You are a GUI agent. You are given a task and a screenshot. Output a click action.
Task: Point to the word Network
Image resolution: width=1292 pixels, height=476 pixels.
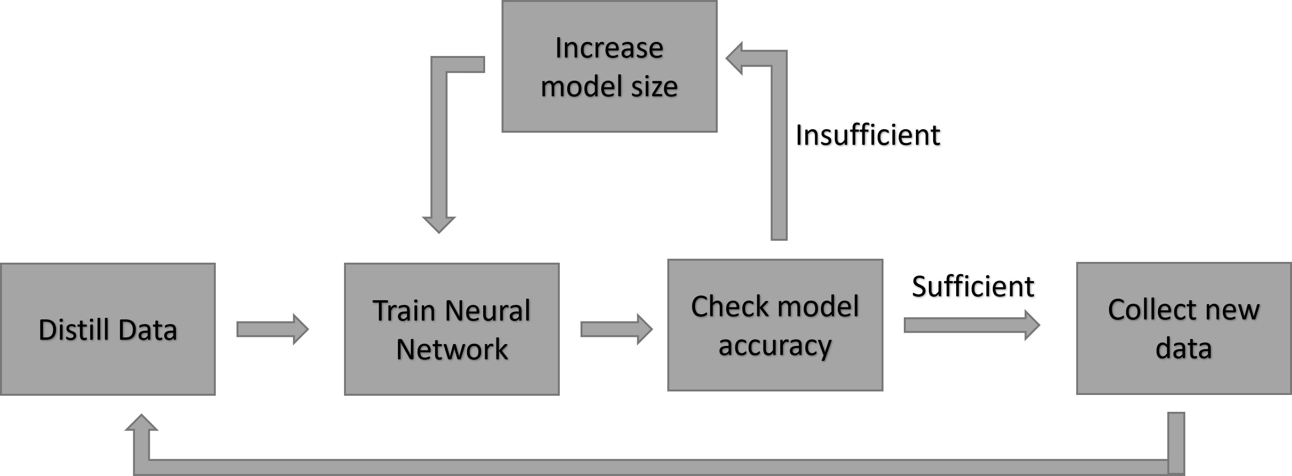[x=452, y=350]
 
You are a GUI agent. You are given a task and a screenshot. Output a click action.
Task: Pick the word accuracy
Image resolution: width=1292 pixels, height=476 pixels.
[x=775, y=345]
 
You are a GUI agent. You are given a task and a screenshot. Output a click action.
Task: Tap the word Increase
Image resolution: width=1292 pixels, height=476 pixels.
[x=609, y=48]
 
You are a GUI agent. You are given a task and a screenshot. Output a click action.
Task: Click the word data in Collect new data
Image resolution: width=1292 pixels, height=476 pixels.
[x=1183, y=348]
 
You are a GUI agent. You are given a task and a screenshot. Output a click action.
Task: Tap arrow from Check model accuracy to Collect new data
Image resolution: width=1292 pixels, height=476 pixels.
[x=971, y=325]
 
